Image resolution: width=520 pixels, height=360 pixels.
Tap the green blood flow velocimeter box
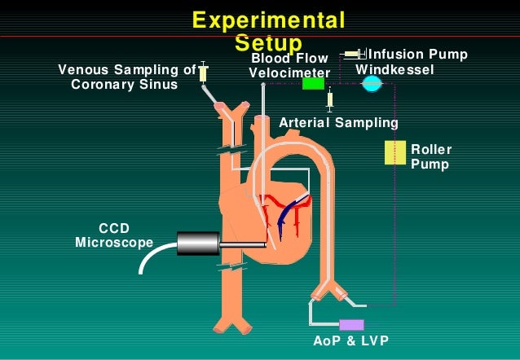pyautogui.click(x=313, y=82)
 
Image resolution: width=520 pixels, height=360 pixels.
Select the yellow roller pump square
pyautogui.click(x=395, y=152)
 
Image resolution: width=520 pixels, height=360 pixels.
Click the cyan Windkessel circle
pyautogui.click(x=372, y=82)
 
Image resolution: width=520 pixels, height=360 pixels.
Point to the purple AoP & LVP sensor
pyautogui.click(x=351, y=324)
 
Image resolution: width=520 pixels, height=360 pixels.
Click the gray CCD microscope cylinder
pyautogui.click(x=198, y=243)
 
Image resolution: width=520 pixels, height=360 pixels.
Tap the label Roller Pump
pyautogui.click(x=430, y=156)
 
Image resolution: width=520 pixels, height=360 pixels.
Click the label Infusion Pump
pyautogui.click(x=418, y=55)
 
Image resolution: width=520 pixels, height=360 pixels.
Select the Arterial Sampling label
pyautogui.click(x=338, y=123)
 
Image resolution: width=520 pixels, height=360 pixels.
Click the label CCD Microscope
pyautogui.click(x=114, y=235)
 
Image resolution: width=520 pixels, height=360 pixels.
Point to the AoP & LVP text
pyautogui.click(x=350, y=340)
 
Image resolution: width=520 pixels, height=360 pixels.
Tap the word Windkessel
pyautogui.click(x=394, y=70)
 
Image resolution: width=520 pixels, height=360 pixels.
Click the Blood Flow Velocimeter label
pyautogui.click(x=289, y=65)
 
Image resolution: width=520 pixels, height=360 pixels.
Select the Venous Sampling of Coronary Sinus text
pyautogui.click(x=126, y=77)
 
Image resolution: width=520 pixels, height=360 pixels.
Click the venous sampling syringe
pyautogui.click(x=203, y=73)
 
